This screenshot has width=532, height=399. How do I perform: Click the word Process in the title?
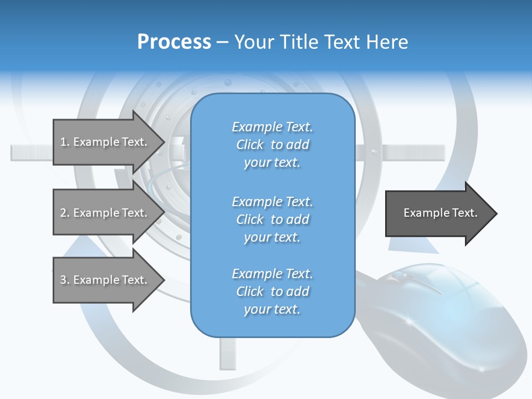(174, 42)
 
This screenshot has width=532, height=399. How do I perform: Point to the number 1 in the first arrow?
(63, 142)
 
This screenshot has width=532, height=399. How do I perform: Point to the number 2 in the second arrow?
(63, 213)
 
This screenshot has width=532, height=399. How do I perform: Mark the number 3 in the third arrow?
(63, 280)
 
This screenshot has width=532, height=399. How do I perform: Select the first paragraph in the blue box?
(272, 145)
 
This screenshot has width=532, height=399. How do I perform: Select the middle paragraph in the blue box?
(272, 219)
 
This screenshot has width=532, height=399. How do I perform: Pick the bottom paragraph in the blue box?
(272, 291)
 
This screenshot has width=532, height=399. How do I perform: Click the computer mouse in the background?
(443, 316)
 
